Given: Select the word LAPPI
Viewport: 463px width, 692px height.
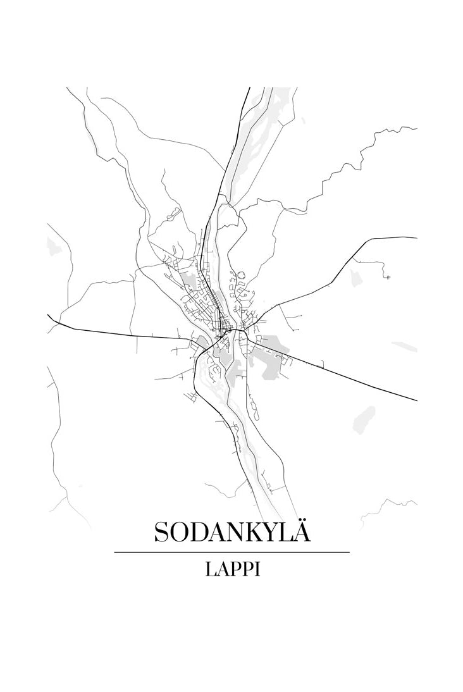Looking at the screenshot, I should click(232, 569).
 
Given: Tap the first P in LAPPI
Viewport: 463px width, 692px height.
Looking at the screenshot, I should click(235, 569).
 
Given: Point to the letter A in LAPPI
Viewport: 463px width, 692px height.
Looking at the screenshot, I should click(222, 569).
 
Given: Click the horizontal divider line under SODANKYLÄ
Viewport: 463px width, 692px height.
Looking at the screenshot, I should click(231, 552).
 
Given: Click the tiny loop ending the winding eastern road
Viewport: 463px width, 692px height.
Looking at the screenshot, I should click(387, 276).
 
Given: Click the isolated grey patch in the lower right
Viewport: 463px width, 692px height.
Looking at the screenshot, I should click(364, 418).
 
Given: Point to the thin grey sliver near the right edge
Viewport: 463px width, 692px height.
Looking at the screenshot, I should click(405, 346).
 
